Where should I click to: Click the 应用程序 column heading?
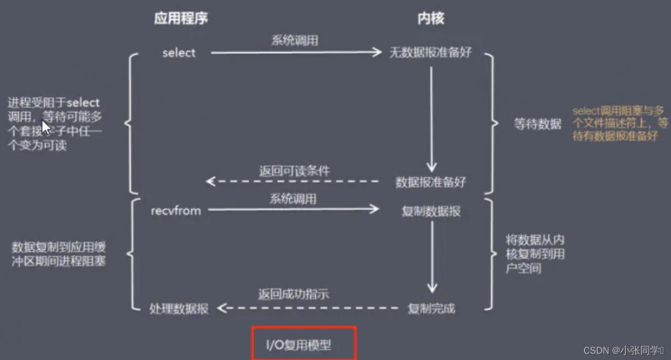tap(181, 18)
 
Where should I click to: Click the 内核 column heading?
tap(430, 18)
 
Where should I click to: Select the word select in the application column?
tap(179, 53)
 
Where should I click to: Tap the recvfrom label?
tap(176, 211)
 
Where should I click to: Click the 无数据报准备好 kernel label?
tap(430, 53)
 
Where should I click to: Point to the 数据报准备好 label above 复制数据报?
tap(430, 182)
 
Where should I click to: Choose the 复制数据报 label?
tap(431, 211)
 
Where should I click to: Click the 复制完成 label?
tap(431, 309)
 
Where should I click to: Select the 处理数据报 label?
tap(179, 309)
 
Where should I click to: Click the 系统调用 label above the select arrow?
tap(294, 40)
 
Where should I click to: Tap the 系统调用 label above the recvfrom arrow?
tap(293, 199)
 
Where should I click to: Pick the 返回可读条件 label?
tap(295, 171)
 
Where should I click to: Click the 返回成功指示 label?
tap(293, 294)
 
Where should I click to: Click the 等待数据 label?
tap(537, 125)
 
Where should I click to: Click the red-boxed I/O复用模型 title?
tap(304, 344)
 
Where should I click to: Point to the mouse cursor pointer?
tap(46, 127)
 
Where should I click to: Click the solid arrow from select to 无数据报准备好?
tap(296, 52)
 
